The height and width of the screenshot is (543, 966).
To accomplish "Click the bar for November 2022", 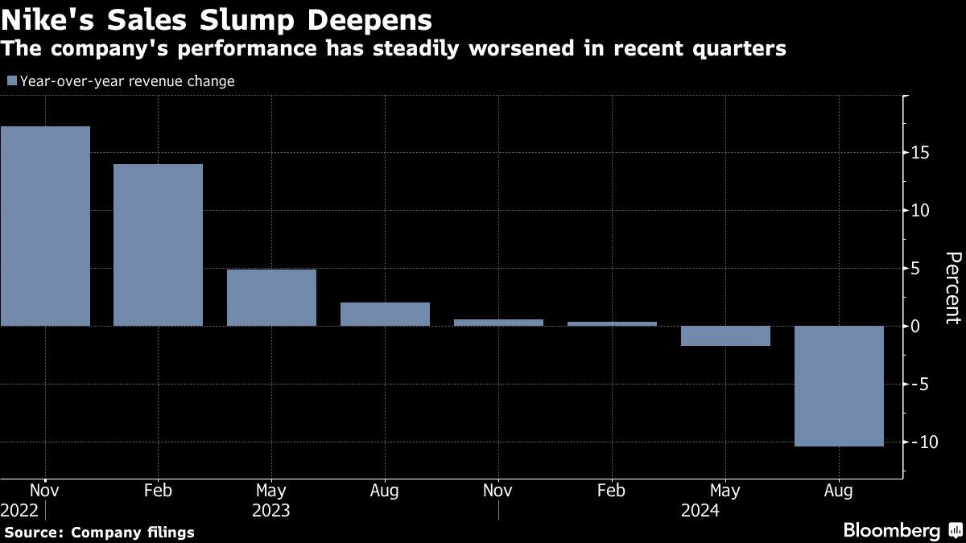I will pos(45,226).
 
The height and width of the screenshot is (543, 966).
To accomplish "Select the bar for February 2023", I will pos(158,245).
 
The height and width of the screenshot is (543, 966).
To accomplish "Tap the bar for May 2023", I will pos(271,298).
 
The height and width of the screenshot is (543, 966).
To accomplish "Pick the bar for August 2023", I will pos(385,314).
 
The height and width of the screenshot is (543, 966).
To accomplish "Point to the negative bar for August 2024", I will pos(839,385).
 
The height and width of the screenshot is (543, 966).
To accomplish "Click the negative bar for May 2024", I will pos(725,335).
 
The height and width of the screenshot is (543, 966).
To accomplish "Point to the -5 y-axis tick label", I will pos(920,385).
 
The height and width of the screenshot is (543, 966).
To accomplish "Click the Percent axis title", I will pos(952,287).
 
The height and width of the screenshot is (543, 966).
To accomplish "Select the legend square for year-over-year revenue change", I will pos(11,80).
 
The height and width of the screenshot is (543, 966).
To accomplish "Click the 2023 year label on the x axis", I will pos(271,510).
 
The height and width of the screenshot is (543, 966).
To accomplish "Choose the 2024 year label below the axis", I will pos(700,510).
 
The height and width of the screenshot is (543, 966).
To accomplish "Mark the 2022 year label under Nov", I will pos(20,510).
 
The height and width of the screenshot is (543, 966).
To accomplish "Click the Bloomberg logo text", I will pos(891,530).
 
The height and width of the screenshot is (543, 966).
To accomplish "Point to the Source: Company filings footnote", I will pos(99,532).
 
